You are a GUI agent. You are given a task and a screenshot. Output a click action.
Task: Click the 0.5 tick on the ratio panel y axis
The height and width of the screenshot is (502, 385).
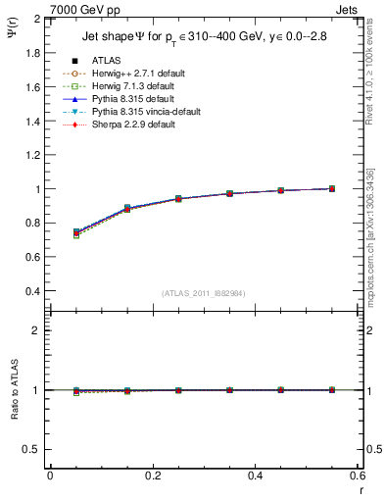pyautogui.click(x=32, y=449)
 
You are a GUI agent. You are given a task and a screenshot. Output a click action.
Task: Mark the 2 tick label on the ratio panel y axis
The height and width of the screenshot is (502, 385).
pyautogui.click(x=36, y=330)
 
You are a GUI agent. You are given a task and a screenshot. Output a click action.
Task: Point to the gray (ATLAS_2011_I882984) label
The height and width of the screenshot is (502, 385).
pyautogui.click(x=203, y=293)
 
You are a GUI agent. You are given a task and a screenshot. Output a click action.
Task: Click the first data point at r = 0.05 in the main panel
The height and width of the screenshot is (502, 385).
pyautogui.click(x=76, y=232)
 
